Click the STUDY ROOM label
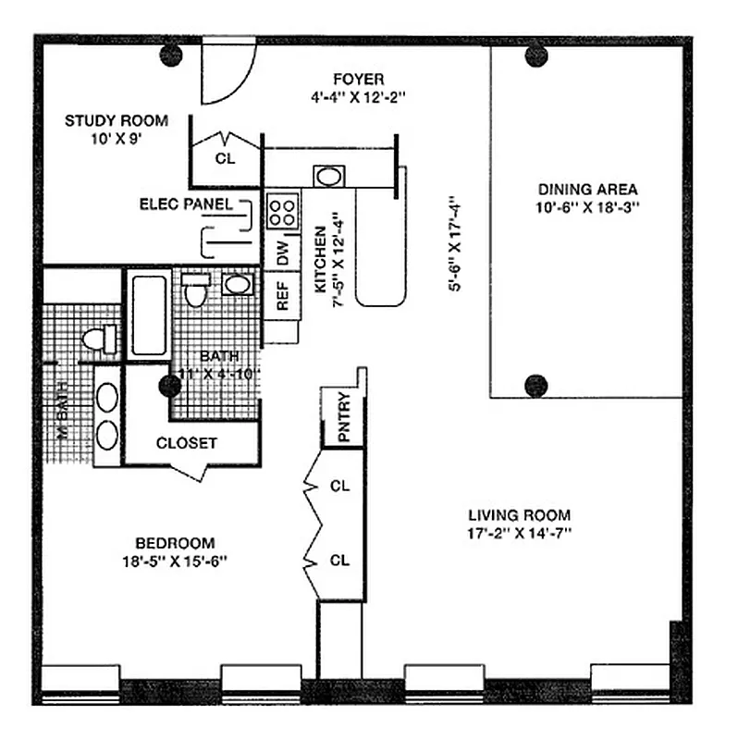[116, 120]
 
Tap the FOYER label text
[359, 79]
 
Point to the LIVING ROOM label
[519, 515]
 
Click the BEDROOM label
[175, 543]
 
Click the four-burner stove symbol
[282, 211]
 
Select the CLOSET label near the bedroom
[187, 443]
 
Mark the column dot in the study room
[170, 55]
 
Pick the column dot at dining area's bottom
[536, 385]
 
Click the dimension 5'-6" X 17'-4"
[454, 243]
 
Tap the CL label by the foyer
[225, 157]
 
